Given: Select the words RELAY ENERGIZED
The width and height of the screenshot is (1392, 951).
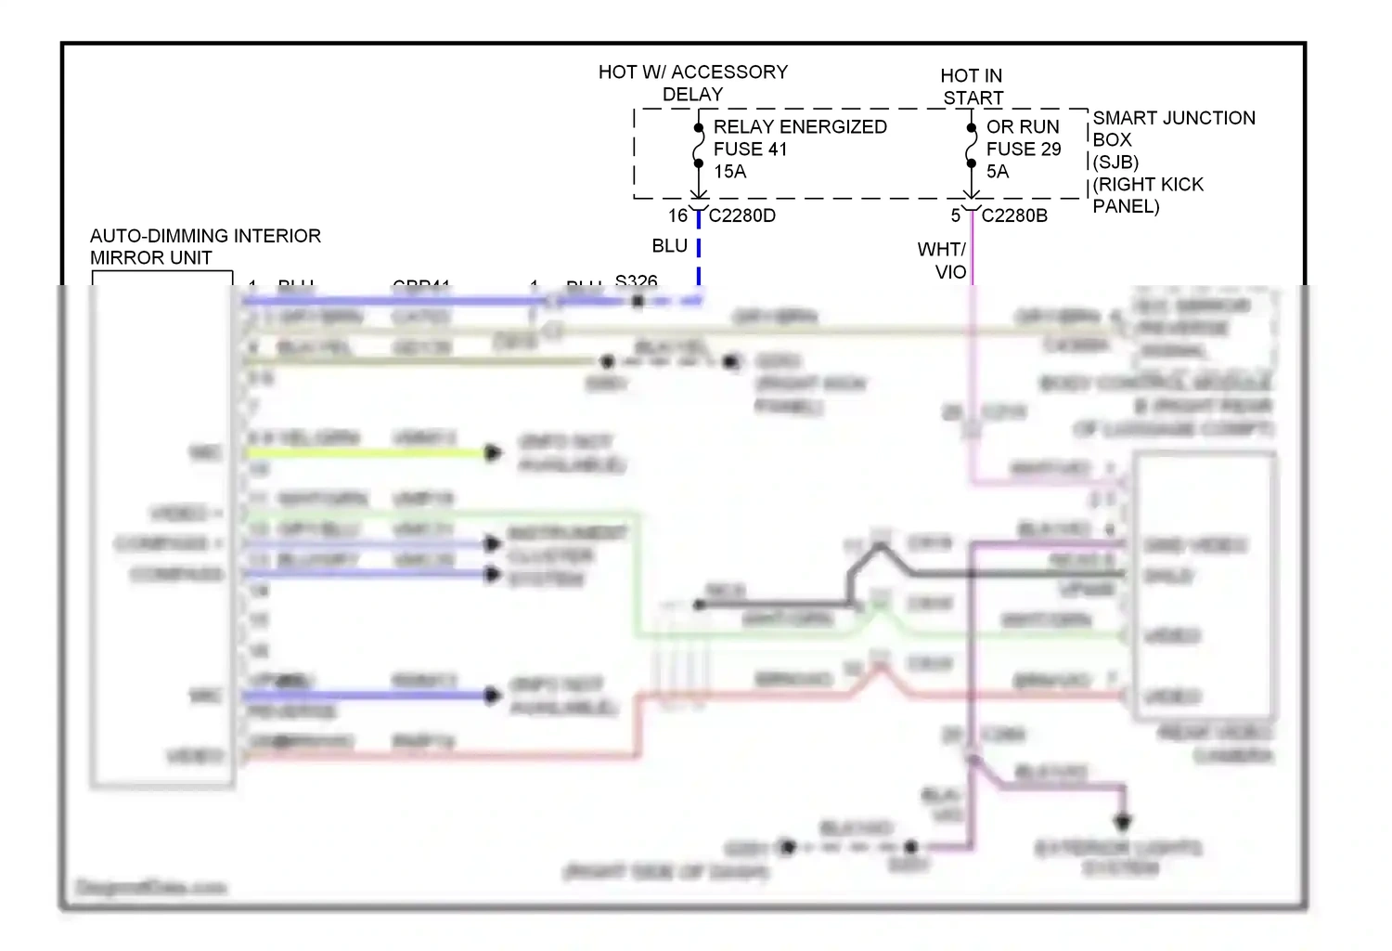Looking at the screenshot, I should point(800,126).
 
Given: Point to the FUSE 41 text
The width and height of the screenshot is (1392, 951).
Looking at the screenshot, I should point(750,149).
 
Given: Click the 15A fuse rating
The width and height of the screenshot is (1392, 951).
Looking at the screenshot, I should point(729,172).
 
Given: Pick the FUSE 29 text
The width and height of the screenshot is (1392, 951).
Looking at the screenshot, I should point(1024,149).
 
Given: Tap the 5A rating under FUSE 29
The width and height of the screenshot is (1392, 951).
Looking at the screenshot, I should point(998,172).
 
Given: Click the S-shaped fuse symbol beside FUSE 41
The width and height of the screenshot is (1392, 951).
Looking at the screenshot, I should point(698,146).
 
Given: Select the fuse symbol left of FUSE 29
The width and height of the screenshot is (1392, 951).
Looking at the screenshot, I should point(971,146).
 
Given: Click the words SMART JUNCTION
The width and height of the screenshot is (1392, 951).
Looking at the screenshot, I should point(1174,118).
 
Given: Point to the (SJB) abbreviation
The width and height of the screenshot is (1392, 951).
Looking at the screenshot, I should point(1115,162).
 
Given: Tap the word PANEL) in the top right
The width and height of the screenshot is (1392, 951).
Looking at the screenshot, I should point(1126,206).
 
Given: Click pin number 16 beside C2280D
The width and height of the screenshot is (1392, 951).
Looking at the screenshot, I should point(678,215).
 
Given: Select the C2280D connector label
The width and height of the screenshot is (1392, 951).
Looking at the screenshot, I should point(742,215).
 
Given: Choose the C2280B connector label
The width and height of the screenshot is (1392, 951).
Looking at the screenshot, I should point(1014,215).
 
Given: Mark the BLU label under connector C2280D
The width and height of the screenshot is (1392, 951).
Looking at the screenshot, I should point(669,246).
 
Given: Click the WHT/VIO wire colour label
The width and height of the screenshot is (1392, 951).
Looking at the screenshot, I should point(943,261).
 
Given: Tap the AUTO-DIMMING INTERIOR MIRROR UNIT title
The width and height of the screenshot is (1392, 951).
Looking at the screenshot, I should point(205,247).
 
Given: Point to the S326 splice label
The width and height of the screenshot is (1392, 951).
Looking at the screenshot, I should point(636,280).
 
